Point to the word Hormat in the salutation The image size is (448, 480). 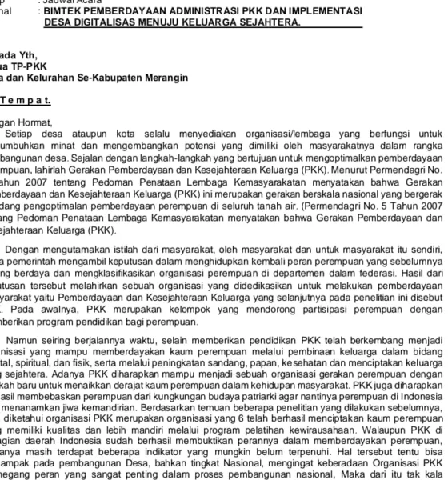[46, 122]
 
